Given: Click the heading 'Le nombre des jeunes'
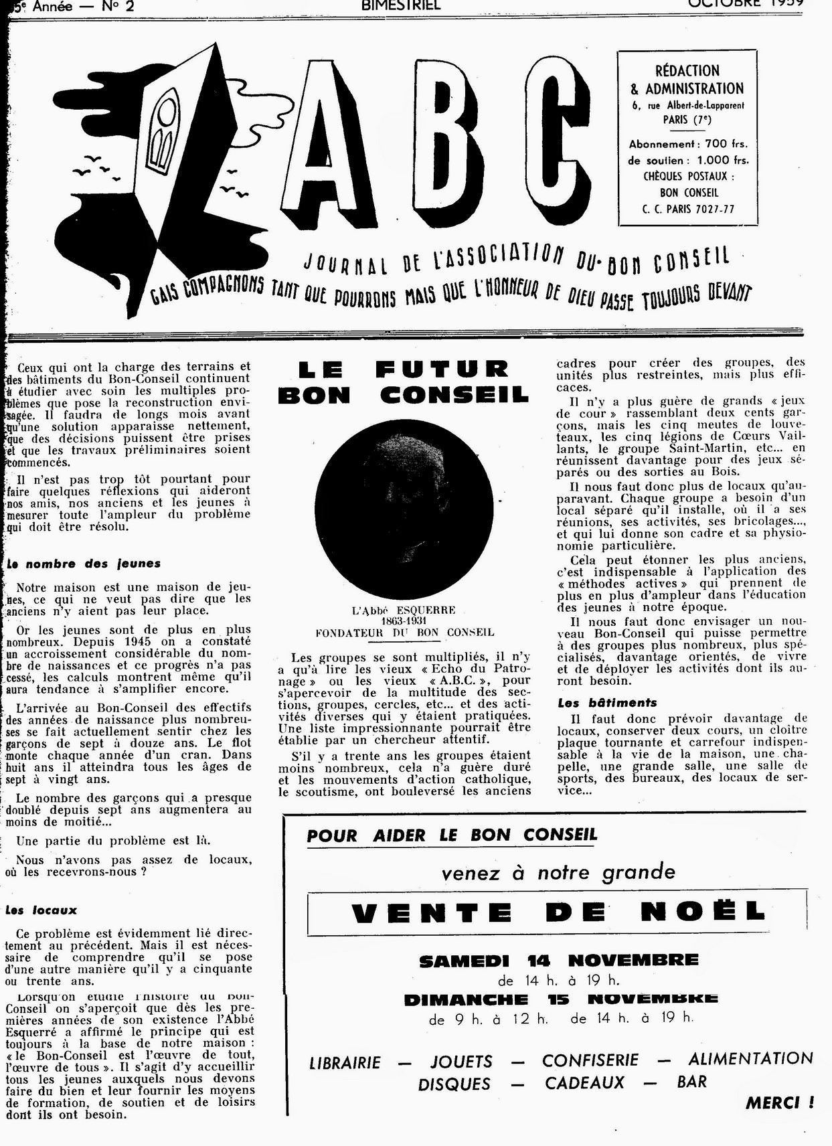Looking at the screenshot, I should coord(83,564).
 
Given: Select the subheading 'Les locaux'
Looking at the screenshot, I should coord(41,910).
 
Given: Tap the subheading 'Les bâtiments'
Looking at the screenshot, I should coord(607,703).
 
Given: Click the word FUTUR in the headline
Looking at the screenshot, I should coord(441,369).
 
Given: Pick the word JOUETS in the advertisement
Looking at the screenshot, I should coord(461,1062).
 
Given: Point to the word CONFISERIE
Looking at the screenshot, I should coord(590,1060).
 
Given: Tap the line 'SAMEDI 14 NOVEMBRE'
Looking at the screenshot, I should coord(558,961).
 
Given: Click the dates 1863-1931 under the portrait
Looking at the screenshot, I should coord(404,621).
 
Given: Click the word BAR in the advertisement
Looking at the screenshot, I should coord(691,1082).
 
